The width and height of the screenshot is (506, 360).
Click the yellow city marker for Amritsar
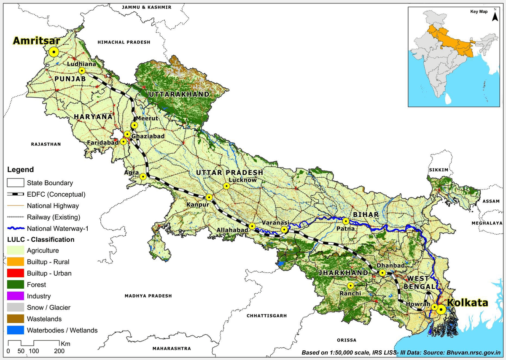(54, 52)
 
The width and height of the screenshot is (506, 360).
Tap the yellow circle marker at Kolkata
(441, 310)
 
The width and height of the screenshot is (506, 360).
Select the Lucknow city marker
(227, 186)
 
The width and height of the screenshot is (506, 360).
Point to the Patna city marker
(346, 221)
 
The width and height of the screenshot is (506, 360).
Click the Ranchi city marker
(350, 286)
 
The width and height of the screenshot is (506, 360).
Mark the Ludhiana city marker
(82, 71)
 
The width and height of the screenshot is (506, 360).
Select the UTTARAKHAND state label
(178, 94)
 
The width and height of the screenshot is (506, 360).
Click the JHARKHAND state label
(343, 273)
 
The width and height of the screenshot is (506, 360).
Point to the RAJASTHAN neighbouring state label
(46, 144)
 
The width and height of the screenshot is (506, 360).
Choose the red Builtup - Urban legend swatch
(15, 273)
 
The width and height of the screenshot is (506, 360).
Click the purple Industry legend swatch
(15, 296)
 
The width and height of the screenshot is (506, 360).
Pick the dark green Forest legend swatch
(15, 285)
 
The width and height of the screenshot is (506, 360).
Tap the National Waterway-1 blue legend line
(15, 228)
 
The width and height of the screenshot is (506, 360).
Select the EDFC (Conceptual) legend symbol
(15, 195)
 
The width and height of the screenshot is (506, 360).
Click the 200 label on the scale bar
(59, 351)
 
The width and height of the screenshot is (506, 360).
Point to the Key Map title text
(479, 12)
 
